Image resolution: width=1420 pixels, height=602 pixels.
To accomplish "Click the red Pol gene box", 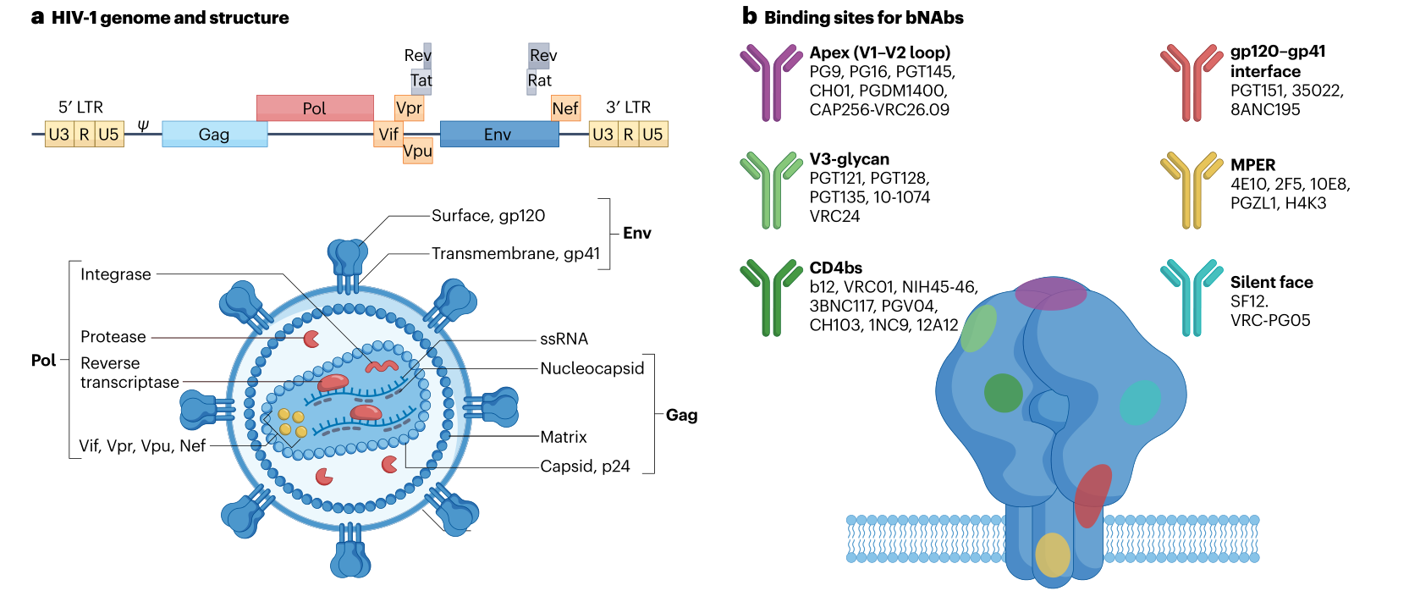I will pyautogui.click(x=315, y=108).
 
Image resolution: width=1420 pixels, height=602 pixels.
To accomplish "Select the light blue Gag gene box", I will pyautogui.click(x=214, y=134).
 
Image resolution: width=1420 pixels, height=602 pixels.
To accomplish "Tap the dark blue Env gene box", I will pyautogui.click(x=498, y=134).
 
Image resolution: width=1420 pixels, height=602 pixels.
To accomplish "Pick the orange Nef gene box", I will pyautogui.click(x=565, y=108).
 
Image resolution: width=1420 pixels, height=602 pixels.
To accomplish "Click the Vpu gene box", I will pyautogui.click(x=418, y=152).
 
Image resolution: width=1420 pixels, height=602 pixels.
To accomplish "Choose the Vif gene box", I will pyautogui.click(x=388, y=134).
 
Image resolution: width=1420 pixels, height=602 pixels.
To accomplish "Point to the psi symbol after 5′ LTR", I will pyautogui.click(x=143, y=125).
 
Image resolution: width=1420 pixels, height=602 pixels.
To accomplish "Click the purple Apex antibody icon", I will pyautogui.click(x=770, y=82).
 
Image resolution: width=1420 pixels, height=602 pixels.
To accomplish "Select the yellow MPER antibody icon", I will pyautogui.click(x=1192, y=190).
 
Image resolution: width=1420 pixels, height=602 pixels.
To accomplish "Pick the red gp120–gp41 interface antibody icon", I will pyautogui.click(x=1192, y=82).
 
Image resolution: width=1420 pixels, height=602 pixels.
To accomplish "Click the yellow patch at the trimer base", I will pyautogui.click(x=1053, y=555).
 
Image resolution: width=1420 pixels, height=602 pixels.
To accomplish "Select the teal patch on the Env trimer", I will pyautogui.click(x=1140, y=402).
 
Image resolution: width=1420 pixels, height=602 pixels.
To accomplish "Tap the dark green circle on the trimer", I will pyautogui.click(x=1004, y=393).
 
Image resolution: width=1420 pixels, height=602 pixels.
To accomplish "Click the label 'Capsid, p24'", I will pyautogui.click(x=585, y=467).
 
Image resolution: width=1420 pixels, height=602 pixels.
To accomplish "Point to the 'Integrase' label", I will pyautogui.click(x=116, y=274).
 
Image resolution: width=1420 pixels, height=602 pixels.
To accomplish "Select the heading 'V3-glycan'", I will pyautogui.click(x=849, y=159).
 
